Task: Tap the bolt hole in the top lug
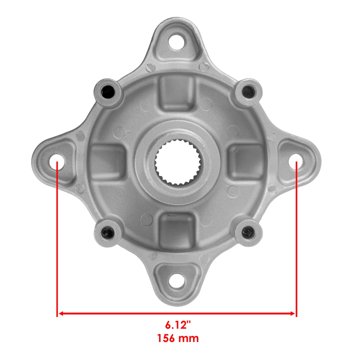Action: click(x=176, y=42)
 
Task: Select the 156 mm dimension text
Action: click(x=178, y=338)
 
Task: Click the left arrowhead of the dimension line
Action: click(x=60, y=313)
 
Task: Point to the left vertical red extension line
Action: click(x=57, y=240)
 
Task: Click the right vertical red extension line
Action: click(x=296, y=240)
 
